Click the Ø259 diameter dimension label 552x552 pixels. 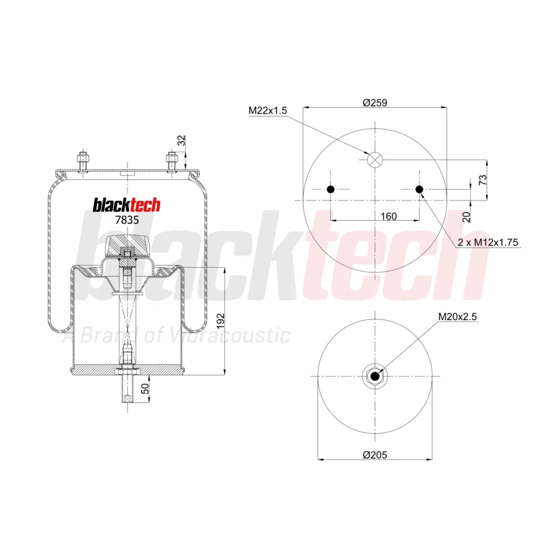(x=375, y=103)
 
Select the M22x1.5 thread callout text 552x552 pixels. (x=268, y=110)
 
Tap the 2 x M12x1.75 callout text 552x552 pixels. (x=488, y=242)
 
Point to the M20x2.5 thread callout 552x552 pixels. (x=457, y=317)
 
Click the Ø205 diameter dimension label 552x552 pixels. (x=375, y=455)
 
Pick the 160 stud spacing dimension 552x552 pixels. (x=389, y=216)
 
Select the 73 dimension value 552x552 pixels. (x=483, y=179)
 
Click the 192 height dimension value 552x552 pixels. (x=220, y=321)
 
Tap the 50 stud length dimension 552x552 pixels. (x=145, y=389)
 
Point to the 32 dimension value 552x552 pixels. (x=181, y=140)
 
